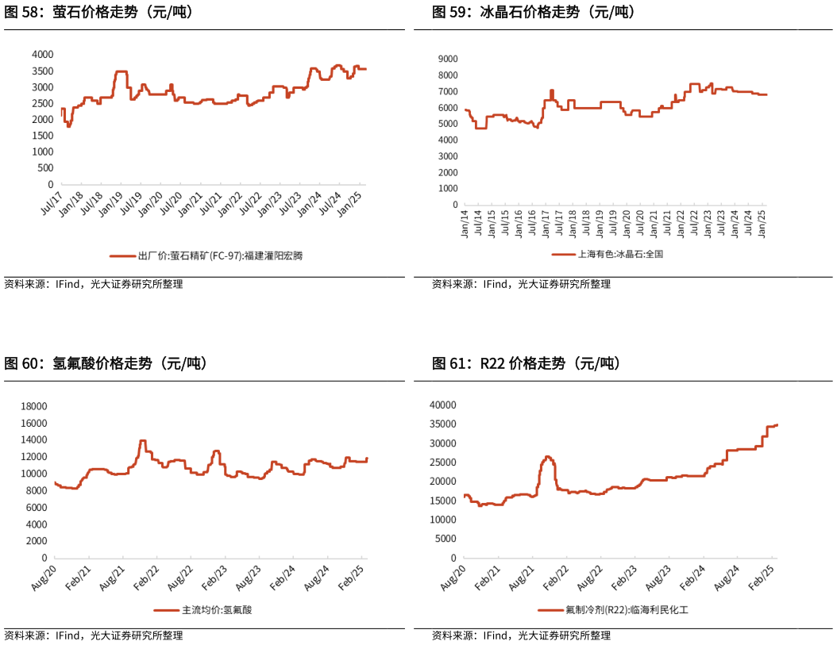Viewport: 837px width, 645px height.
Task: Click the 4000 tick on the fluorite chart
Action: coord(42,54)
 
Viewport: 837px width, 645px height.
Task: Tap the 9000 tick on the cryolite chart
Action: coord(446,59)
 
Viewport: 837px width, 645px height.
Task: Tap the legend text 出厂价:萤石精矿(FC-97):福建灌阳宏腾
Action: coord(220,255)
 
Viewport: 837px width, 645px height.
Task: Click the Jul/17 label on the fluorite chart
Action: coord(52,198)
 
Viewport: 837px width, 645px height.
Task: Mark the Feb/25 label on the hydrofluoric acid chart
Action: coord(355,574)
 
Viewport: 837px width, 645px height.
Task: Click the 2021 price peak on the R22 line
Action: coord(548,457)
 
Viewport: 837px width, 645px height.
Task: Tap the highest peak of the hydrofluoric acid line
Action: coord(143,440)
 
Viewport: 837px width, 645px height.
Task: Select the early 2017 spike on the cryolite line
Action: coord(551,90)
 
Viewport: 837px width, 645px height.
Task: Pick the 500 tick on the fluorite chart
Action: coord(45,168)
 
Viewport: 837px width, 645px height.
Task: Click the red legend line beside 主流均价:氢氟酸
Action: coord(167,610)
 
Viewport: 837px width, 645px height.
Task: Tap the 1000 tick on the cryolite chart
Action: coord(446,189)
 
